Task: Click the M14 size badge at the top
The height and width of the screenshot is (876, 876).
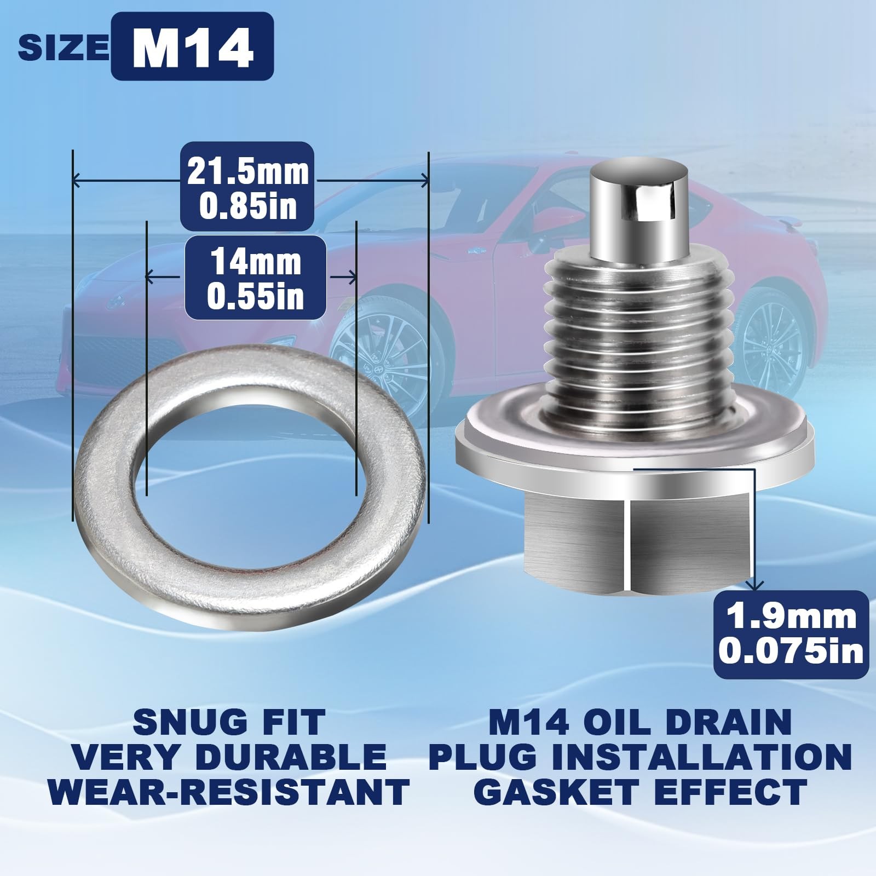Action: coord(192,46)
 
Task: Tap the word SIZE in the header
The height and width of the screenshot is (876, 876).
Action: coord(64,48)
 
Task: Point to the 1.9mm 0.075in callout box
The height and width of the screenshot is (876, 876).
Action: coord(791,633)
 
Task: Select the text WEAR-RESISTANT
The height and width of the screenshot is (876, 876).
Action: coord(229,791)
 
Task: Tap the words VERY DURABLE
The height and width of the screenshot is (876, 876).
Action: coord(229,756)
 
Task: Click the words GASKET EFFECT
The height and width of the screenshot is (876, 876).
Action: coord(641,791)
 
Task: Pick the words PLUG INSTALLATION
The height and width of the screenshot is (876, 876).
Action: coord(641,756)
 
